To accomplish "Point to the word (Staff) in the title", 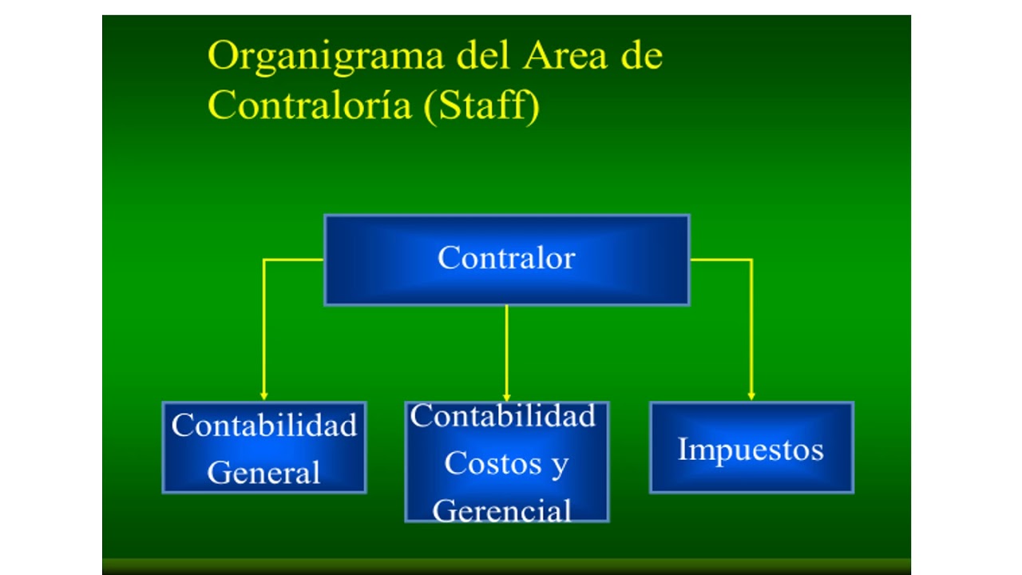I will click(x=481, y=105).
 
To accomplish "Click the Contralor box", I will click(x=506, y=260).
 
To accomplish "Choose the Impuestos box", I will click(x=751, y=447).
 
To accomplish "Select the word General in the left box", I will click(x=263, y=472).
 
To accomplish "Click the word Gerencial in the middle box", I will click(x=502, y=510).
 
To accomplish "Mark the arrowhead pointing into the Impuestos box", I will click(x=751, y=395).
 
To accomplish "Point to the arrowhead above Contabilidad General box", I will click(x=263, y=395).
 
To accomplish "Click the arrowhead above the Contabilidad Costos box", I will click(x=506, y=396).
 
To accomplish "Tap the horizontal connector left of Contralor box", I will click(x=293, y=260).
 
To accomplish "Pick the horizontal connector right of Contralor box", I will click(x=720, y=260).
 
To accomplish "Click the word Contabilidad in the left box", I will click(x=263, y=425).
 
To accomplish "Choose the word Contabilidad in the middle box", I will click(x=503, y=416).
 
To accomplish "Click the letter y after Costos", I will click(x=560, y=465).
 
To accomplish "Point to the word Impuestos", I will click(x=751, y=449).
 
